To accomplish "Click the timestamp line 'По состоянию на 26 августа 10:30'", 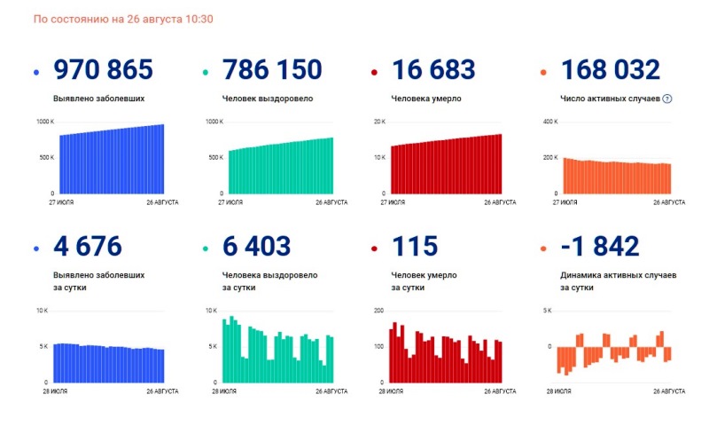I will click(123, 19).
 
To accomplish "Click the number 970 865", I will click(104, 70).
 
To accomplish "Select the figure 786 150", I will click(273, 70).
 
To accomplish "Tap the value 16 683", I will click(433, 70).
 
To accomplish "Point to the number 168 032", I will click(610, 70).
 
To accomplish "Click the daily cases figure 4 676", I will click(88, 247).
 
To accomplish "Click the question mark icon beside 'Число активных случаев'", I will click(666, 99).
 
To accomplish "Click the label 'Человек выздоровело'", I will click(268, 99).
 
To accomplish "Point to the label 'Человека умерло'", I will click(425, 99).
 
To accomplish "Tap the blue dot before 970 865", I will click(36, 73).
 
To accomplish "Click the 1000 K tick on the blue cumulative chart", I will click(45, 122).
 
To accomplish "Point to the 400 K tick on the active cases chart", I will click(549, 122).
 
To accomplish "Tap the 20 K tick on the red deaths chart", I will click(379, 122).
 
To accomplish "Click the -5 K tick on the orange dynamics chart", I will click(550, 382).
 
